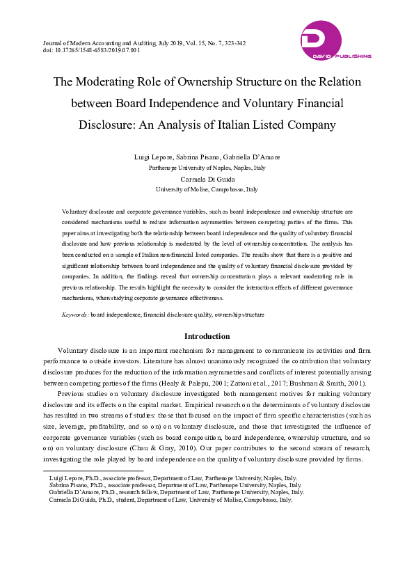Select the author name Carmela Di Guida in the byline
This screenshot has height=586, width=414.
pyautogui.click(x=207, y=179)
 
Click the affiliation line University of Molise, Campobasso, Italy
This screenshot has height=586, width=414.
pyautogui.click(x=207, y=189)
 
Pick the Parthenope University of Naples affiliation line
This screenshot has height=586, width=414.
pyautogui.click(x=207, y=168)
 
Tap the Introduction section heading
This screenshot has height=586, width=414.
pyautogui.click(x=207, y=336)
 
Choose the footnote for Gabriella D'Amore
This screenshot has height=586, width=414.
pyautogui.click(x=176, y=492)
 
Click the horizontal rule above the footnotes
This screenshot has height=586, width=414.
pyautogui.click(x=83, y=471)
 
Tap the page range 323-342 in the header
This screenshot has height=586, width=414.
pyautogui.click(x=231, y=43)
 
